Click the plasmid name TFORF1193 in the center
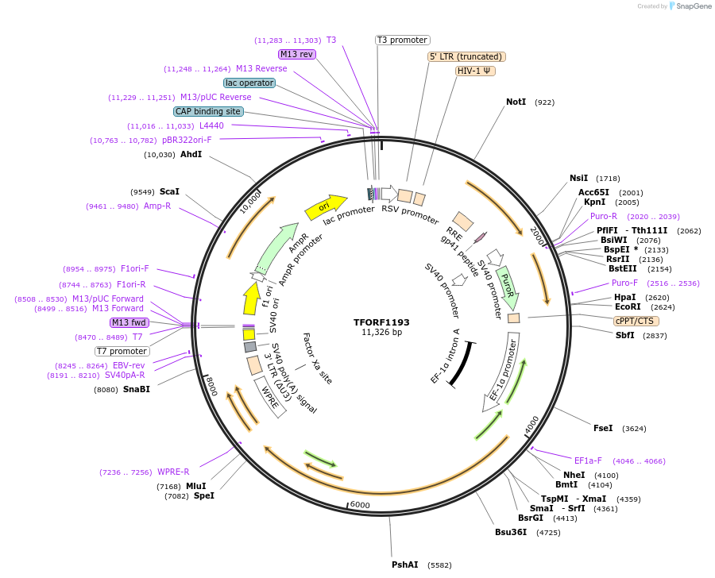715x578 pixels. point(381,322)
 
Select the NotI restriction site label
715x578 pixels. point(516,102)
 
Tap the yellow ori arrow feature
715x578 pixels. point(326,207)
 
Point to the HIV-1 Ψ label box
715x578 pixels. point(475,71)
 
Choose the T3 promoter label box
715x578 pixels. point(402,40)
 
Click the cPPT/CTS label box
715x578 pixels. point(636,321)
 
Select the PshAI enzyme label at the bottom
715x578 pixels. point(404,565)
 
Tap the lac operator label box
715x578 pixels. point(249,83)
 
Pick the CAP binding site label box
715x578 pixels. point(208,112)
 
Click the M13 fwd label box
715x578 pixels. point(129,322)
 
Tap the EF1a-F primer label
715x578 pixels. point(588,460)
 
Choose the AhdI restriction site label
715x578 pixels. point(191,154)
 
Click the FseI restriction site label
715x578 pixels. point(603,428)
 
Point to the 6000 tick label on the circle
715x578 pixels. point(360,506)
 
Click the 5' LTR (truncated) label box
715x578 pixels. point(466,56)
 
